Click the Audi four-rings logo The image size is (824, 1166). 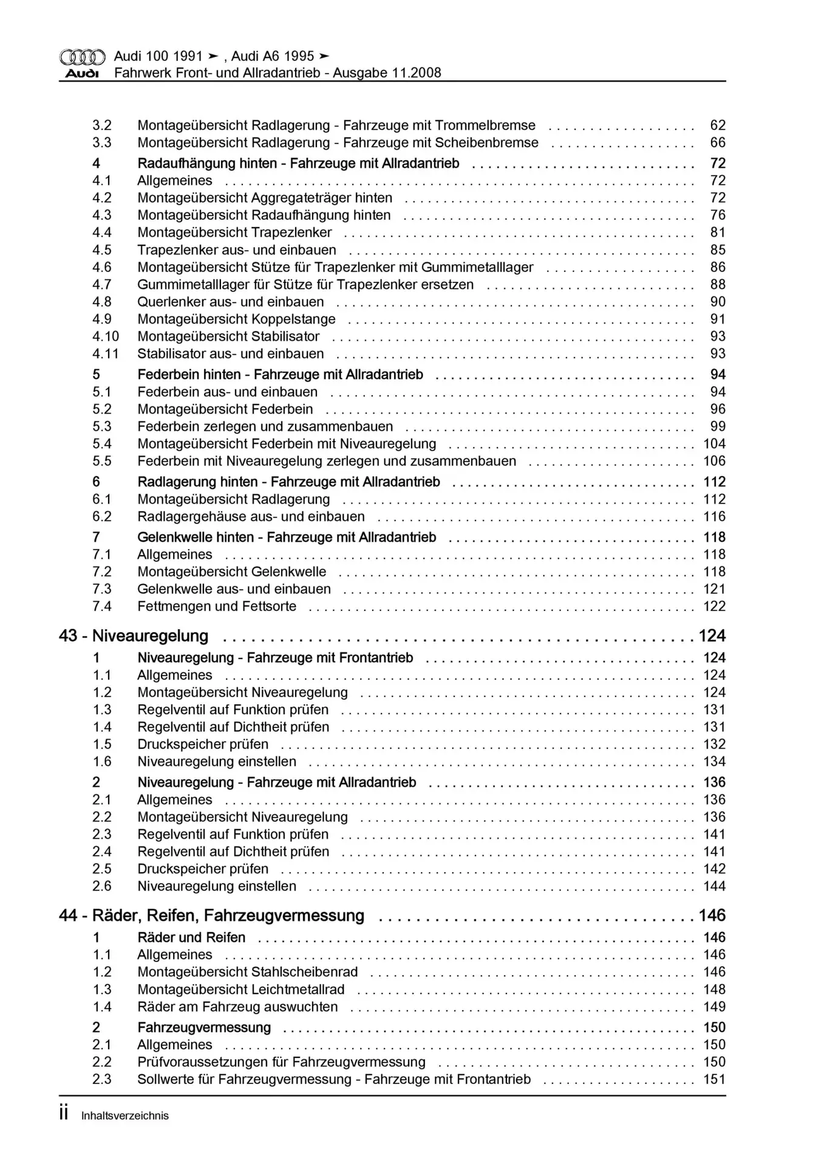82,57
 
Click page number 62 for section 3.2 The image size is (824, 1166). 718,126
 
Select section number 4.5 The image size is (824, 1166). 102,250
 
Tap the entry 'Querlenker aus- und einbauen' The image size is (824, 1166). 231,302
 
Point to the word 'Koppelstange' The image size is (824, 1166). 297,319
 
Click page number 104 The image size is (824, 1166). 714,444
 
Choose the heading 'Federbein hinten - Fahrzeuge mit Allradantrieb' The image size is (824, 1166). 280,375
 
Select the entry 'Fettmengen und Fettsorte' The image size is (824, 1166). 217,607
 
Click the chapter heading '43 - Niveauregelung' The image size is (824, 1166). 134,636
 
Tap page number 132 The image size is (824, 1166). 714,745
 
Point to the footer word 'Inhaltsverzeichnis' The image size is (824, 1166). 125,1116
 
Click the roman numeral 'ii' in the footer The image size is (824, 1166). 64,1114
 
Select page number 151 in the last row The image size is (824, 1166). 714,1080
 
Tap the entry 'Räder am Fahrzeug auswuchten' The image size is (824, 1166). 237,1007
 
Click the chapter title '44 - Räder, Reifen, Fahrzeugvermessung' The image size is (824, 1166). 211,916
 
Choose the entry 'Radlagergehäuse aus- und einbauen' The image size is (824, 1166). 251,517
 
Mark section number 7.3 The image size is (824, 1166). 102,589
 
